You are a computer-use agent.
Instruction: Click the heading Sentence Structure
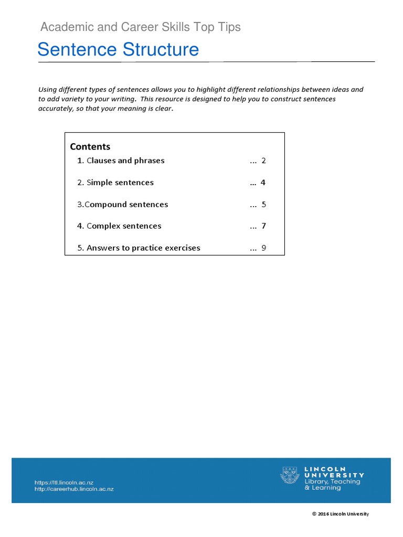118,50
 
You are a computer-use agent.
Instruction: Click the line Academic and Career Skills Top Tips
141,27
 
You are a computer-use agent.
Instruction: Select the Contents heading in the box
90,147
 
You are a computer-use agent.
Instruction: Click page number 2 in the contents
263,160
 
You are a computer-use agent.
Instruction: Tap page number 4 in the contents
263,182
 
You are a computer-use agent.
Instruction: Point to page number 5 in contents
263,205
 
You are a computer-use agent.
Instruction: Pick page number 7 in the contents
263,226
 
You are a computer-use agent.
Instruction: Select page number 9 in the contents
263,248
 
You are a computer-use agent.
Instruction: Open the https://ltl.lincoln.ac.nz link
63,482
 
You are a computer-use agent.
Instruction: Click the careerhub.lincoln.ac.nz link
73,489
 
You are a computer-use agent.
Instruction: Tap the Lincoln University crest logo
290,475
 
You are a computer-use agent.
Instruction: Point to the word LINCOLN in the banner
325,469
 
